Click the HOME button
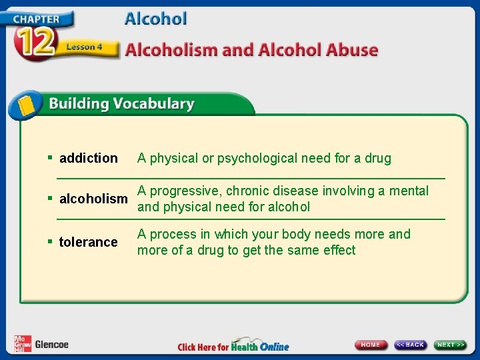(371, 345)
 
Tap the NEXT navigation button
(451, 345)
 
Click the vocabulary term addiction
(88, 159)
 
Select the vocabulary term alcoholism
(93, 199)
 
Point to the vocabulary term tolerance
(88, 242)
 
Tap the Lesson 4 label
(84, 47)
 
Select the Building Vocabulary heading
(121, 104)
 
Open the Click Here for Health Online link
(233, 346)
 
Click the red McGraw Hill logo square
(22, 343)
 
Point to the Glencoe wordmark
(51, 345)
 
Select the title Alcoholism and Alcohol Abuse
(251, 50)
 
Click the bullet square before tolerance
(51, 241)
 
